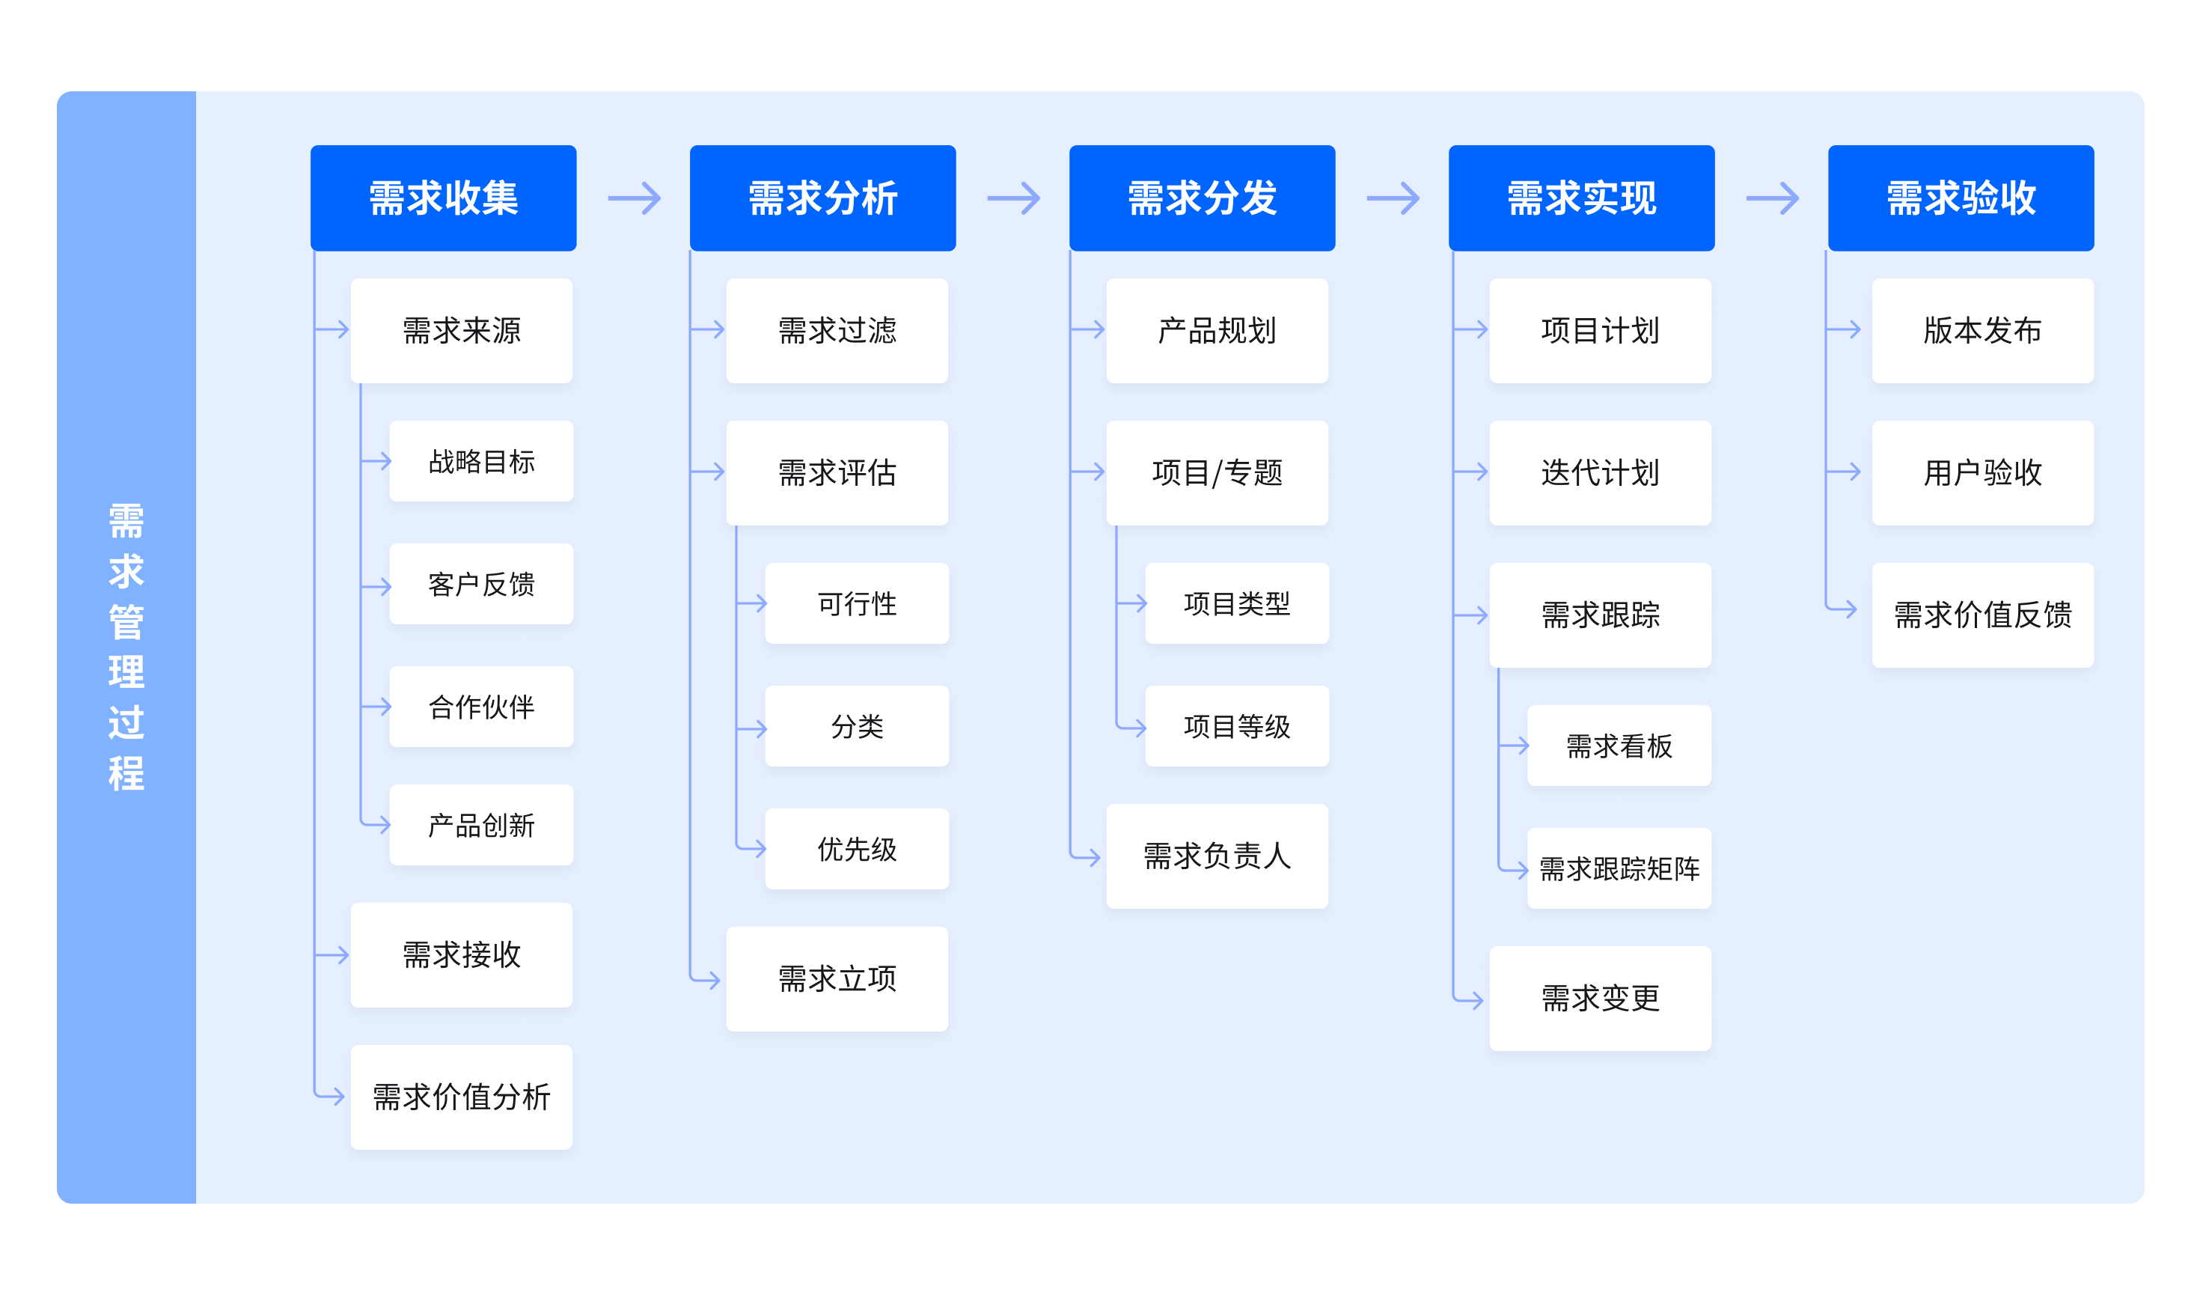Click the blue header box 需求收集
(x=443, y=198)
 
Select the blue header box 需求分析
(x=822, y=198)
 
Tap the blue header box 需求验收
(x=1961, y=198)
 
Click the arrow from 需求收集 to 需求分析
(x=634, y=198)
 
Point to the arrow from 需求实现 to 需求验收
(x=1772, y=198)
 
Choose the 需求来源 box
(x=462, y=331)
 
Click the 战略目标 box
(x=481, y=461)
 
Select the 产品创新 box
(x=481, y=825)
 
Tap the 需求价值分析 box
(x=462, y=1097)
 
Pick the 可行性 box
(x=857, y=603)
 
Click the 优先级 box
(x=857, y=848)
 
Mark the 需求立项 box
(x=837, y=978)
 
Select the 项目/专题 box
(x=1217, y=473)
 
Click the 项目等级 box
(x=1237, y=726)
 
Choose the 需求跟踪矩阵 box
(x=1619, y=868)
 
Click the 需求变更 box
(x=1600, y=998)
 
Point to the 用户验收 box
(x=1983, y=473)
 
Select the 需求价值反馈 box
(x=1983, y=615)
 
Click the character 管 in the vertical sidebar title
(x=126, y=622)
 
